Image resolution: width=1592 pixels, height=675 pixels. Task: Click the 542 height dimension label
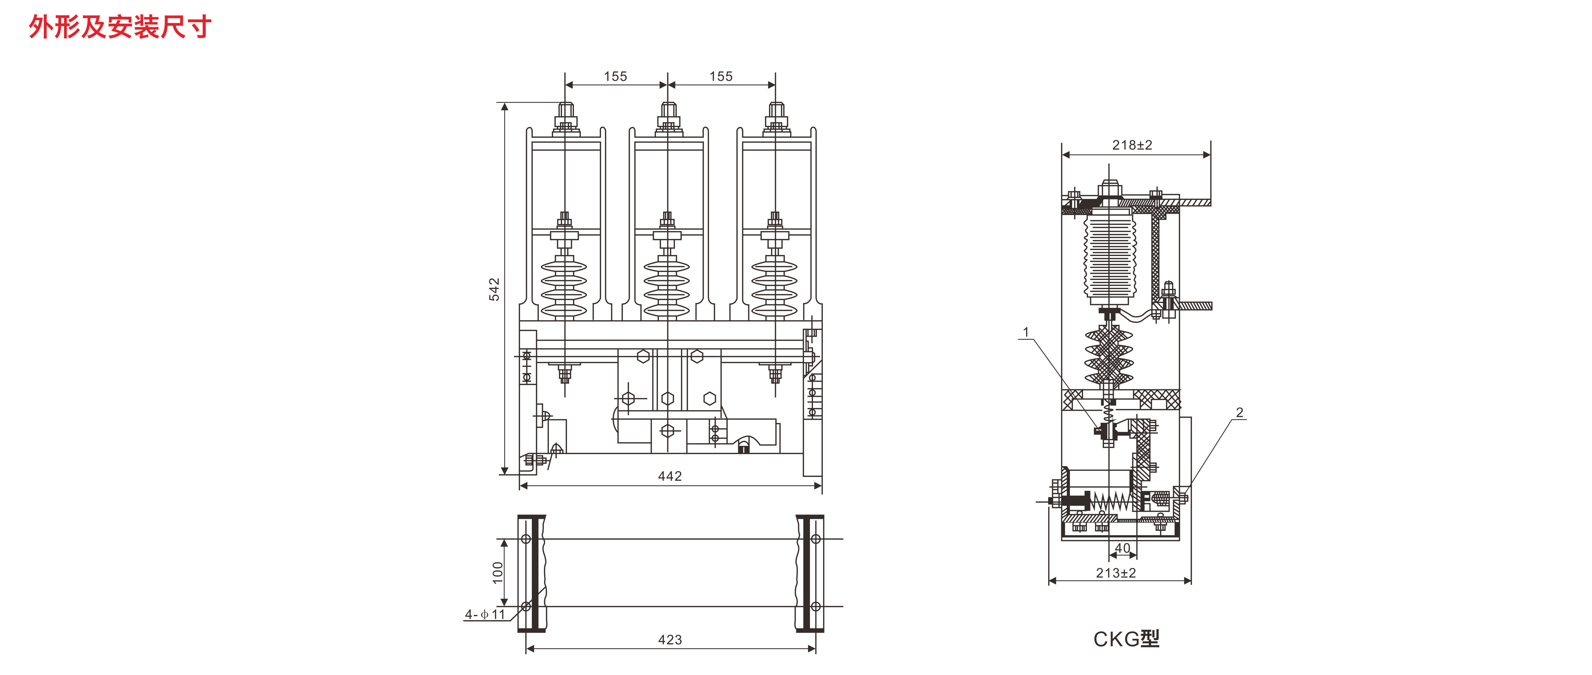tap(494, 289)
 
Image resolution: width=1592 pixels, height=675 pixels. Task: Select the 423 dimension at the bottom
tap(670, 640)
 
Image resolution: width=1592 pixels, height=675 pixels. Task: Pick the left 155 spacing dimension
tap(616, 77)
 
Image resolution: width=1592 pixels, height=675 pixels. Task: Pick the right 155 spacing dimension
tap(721, 77)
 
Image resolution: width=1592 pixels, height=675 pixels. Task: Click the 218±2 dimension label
tap(1132, 145)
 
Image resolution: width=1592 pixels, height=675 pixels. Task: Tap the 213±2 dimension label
tap(1116, 573)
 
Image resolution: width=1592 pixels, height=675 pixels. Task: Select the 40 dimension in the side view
tap(1122, 548)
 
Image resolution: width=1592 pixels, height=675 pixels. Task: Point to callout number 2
tap(1239, 413)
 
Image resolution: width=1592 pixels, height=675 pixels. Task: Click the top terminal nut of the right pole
tap(776, 113)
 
